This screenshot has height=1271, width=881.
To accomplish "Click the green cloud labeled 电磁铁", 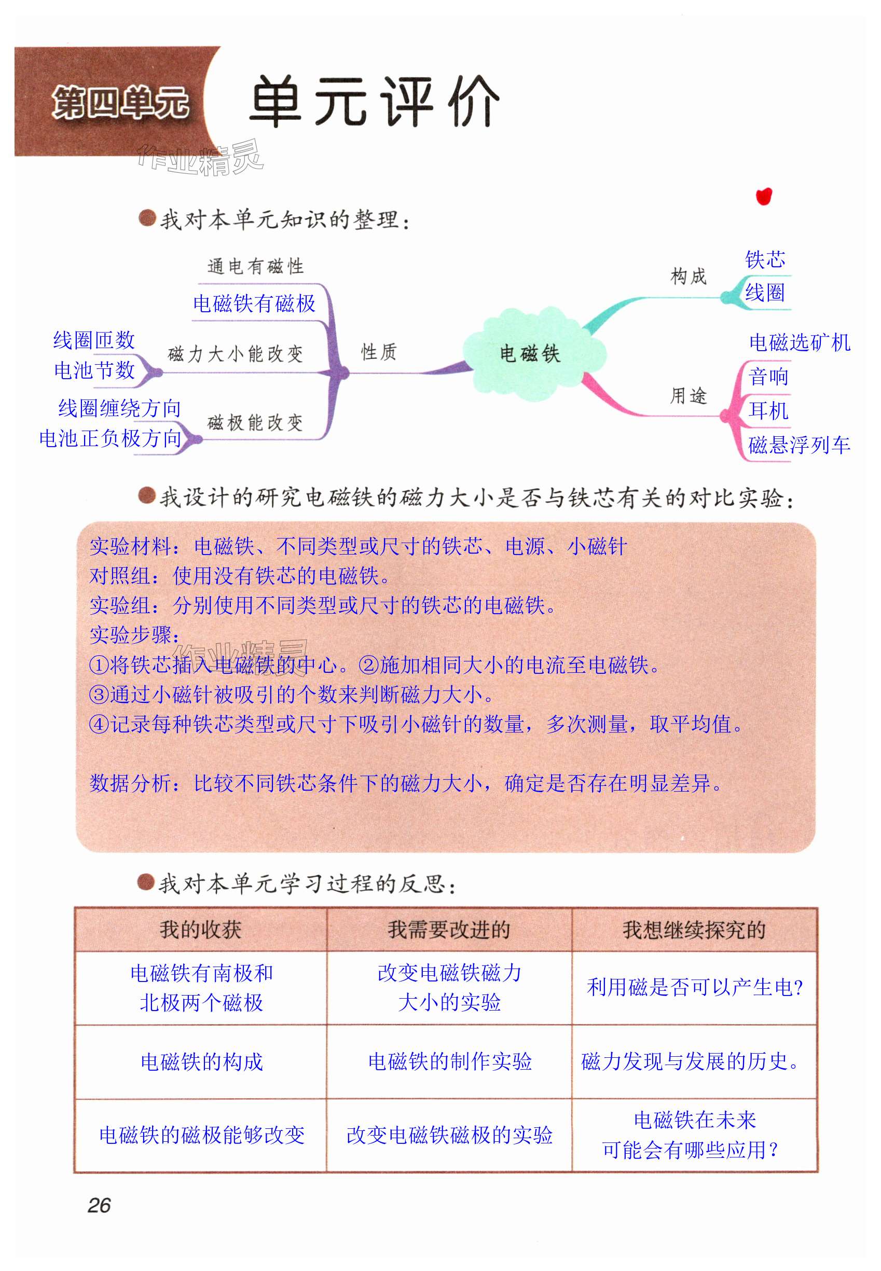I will [x=530, y=353].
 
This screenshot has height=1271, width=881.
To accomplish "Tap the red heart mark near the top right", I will [x=764, y=197].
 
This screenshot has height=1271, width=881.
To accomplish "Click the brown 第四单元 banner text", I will [x=120, y=103].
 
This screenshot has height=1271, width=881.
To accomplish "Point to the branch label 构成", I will [x=689, y=276].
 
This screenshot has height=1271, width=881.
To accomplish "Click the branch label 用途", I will [x=689, y=395].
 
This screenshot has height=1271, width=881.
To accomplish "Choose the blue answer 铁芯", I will [x=765, y=259].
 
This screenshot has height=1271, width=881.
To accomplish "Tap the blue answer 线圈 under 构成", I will [x=765, y=293].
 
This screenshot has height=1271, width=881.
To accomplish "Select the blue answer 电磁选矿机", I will [x=800, y=343].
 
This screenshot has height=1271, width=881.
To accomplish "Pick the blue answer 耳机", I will [x=768, y=410].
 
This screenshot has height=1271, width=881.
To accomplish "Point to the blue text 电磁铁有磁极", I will [x=254, y=303].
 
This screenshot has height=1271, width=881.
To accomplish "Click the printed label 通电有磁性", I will [x=256, y=267].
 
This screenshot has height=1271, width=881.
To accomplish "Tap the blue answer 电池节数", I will [x=94, y=370].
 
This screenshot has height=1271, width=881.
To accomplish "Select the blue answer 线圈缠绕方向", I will [x=120, y=408].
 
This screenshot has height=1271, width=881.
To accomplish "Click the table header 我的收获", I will [x=200, y=930].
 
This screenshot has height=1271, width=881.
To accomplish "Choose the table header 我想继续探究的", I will [x=694, y=930].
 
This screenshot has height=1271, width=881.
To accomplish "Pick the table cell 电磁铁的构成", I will [x=201, y=1061].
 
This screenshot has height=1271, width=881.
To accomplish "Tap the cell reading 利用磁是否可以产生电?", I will [x=694, y=987].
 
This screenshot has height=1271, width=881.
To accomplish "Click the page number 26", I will [x=100, y=1205].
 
